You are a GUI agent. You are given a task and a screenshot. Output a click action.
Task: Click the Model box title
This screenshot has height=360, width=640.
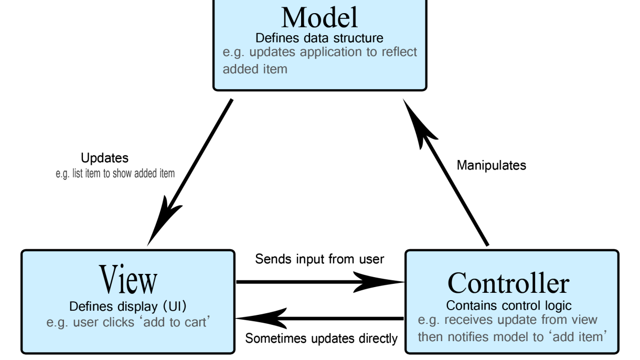(319, 18)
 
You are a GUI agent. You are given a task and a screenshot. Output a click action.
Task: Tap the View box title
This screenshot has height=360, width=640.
(128, 279)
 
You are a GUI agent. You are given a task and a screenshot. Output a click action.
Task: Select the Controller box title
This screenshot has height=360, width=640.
(508, 283)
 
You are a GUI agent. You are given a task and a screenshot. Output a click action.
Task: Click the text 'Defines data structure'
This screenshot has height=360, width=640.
(319, 38)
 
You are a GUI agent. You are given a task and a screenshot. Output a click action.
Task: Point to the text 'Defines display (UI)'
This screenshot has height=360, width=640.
(127, 306)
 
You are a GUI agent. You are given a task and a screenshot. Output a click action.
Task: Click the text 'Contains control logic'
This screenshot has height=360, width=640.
(508, 305)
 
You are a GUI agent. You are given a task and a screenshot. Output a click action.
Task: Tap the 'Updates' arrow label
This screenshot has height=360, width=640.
(104, 158)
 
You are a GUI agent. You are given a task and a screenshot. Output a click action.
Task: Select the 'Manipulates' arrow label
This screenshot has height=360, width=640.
(492, 165)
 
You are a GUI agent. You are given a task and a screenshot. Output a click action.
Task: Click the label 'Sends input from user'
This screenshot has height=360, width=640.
(319, 259)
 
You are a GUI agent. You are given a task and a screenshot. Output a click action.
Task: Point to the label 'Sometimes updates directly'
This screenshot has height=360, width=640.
(322, 338)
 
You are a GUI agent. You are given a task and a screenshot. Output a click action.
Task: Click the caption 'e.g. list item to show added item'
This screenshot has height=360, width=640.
(115, 174)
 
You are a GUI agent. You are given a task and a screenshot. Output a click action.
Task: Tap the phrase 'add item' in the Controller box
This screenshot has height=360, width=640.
(578, 337)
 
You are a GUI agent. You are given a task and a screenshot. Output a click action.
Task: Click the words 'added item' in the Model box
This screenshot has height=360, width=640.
(255, 69)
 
